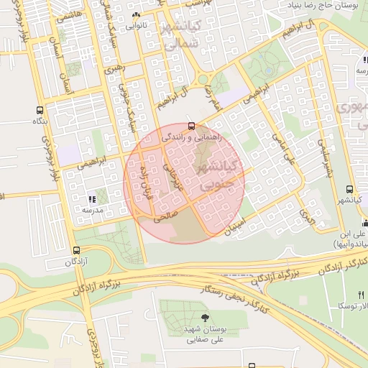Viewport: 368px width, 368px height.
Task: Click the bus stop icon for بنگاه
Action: (x=38, y=111)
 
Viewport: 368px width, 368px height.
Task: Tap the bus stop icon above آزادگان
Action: (x=76, y=250)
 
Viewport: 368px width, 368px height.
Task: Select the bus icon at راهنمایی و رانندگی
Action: (x=190, y=126)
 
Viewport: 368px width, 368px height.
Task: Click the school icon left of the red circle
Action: (x=91, y=199)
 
